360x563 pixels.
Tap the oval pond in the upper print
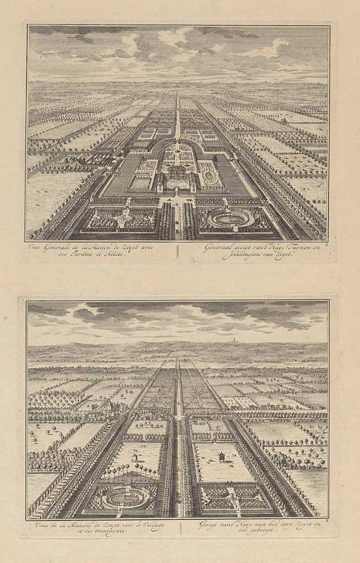click(x=231, y=217)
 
